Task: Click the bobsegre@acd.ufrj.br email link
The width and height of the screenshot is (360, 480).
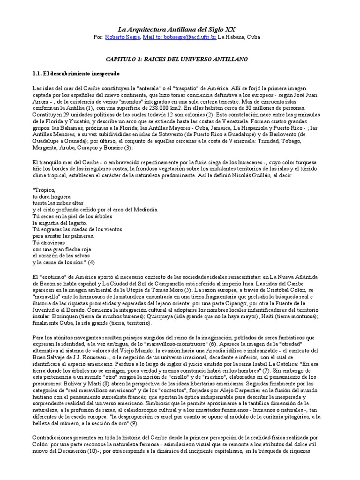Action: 180,37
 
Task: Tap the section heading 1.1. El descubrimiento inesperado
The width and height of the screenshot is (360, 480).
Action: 75,74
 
